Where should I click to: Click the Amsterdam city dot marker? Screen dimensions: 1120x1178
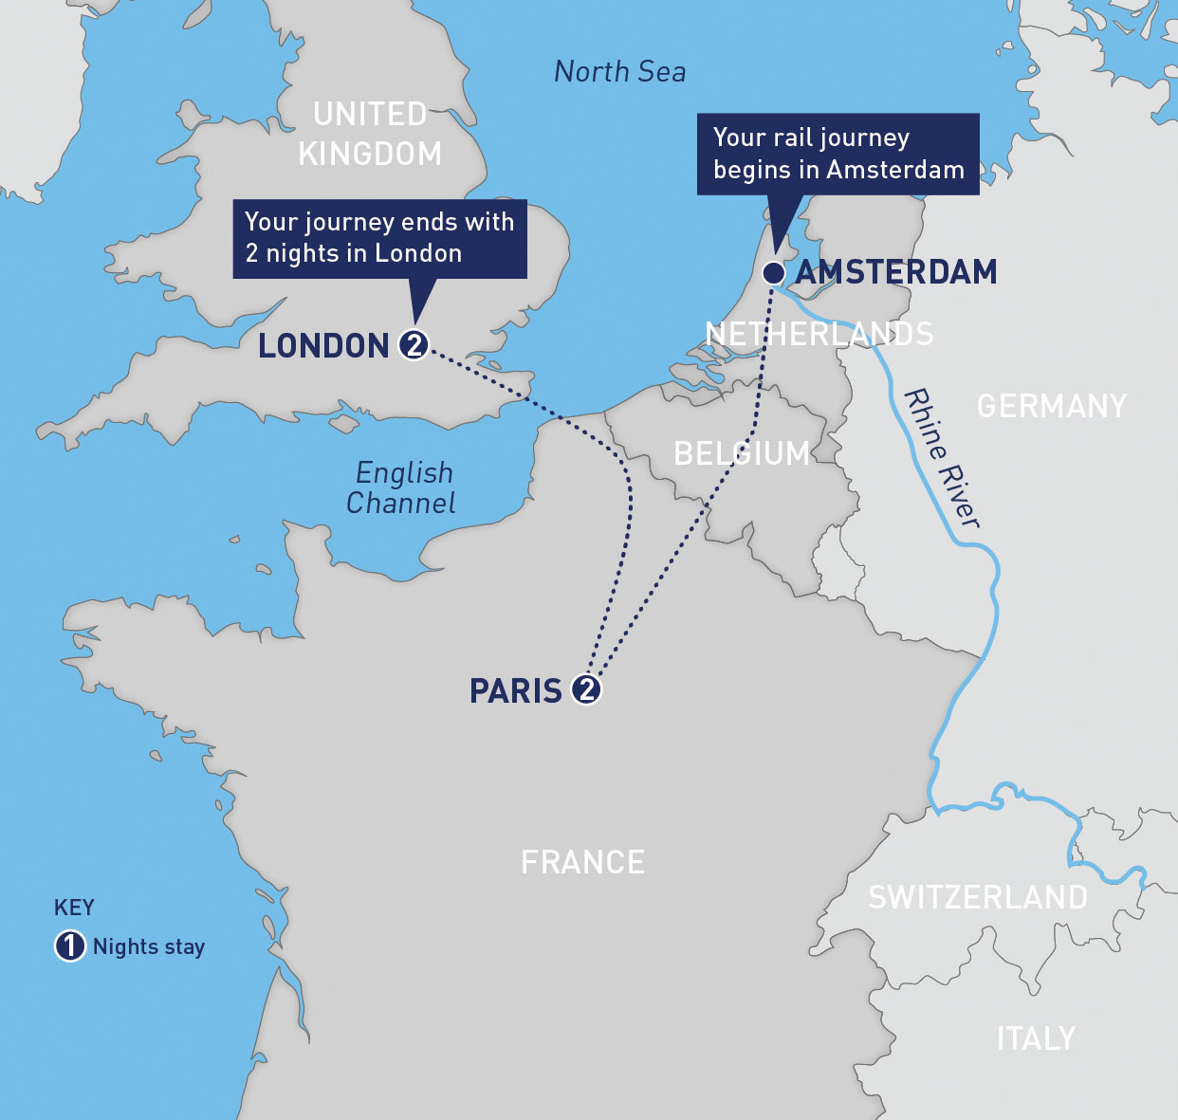coord(774,273)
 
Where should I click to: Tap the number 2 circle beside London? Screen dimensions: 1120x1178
coord(414,344)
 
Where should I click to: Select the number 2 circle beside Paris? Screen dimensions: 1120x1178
coord(587,689)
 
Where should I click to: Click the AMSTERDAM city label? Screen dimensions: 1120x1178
coord(896,272)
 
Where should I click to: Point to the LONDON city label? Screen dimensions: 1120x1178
coord(324,346)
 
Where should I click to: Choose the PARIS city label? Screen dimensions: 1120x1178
coord(517,691)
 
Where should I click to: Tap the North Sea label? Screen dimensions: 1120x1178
coord(619,72)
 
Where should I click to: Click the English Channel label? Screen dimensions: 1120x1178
coord(402,487)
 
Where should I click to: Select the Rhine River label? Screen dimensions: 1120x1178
coord(942,457)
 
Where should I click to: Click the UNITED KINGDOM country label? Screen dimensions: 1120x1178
coord(370,134)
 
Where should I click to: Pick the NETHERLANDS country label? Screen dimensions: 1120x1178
coord(819,334)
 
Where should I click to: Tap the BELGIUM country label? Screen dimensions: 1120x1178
coord(742,453)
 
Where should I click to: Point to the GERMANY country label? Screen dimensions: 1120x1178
coord(1052,406)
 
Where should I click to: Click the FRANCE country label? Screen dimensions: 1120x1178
coord(583,862)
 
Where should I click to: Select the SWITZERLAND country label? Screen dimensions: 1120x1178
coord(978,897)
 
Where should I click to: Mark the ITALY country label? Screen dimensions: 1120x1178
coord(1036,1039)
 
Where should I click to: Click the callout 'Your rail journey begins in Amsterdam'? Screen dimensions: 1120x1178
coord(837,154)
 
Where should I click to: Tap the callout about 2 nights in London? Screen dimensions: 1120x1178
coord(379,237)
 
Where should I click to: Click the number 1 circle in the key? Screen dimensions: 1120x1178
coord(70,946)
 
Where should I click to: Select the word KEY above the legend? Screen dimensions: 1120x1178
coord(74,908)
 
